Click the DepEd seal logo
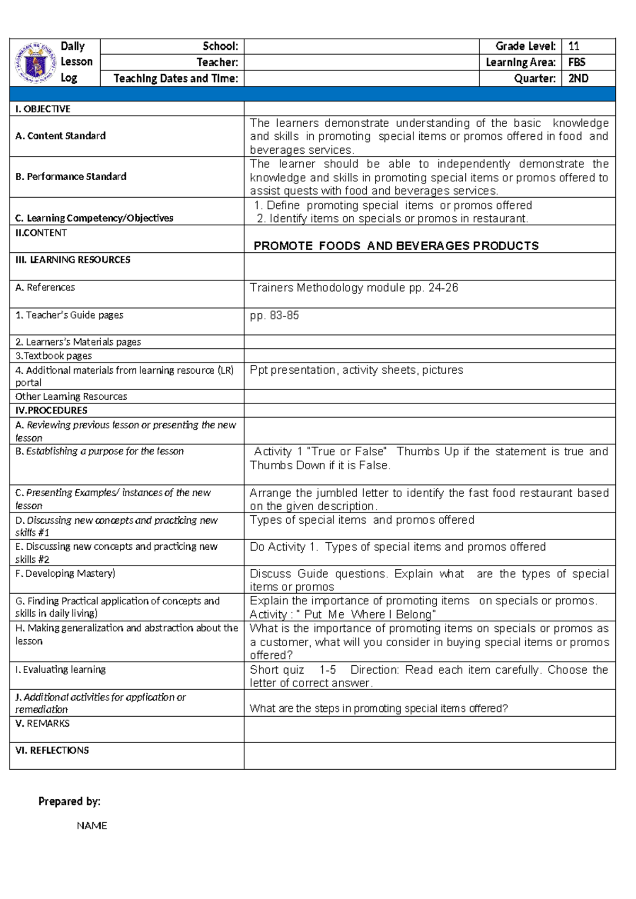[x=36, y=63]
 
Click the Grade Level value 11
[x=573, y=46]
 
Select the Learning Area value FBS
[x=577, y=62]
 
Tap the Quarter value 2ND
[x=578, y=78]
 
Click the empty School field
[x=361, y=46]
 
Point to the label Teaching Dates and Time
[x=175, y=78]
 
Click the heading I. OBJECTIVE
[x=43, y=109]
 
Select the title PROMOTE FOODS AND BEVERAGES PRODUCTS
[x=396, y=246]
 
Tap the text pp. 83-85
[x=275, y=315]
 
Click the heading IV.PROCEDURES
[x=51, y=410]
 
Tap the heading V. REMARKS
[x=42, y=724]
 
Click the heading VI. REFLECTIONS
[x=52, y=751]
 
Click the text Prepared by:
[x=69, y=801]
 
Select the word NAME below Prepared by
[x=92, y=826]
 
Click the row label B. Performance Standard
[x=71, y=177]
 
